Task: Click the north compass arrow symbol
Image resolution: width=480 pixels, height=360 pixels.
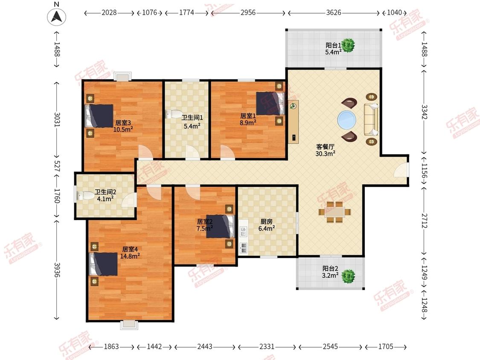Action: pos(57,17)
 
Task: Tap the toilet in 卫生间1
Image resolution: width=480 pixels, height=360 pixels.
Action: pos(173,114)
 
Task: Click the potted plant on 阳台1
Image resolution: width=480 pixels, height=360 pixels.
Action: pos(348,45)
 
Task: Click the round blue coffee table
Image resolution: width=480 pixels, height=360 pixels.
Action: pos(347,119)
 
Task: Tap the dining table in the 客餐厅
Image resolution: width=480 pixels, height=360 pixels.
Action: pos(335,212)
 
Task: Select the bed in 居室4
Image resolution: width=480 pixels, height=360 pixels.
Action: pos(103,264)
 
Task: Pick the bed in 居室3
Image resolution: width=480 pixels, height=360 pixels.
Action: pos(99,116)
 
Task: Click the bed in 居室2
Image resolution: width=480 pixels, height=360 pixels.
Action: pos(221,226)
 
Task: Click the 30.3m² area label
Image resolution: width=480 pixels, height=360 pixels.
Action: pos(326,154)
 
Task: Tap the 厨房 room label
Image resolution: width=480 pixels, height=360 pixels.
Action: pos(266,221)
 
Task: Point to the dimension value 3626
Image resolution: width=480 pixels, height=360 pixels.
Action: pos(334,12)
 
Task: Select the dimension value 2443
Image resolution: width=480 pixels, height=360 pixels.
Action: pos(205,346)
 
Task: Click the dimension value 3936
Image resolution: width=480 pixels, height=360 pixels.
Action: pos(57,270)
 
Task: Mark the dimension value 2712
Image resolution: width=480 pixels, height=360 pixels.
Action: pos(424,221)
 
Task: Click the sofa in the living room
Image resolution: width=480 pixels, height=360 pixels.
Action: pos(371,119)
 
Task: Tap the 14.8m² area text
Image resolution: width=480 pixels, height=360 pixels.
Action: pos(130,256)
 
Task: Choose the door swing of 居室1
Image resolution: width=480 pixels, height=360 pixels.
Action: pos(227,152)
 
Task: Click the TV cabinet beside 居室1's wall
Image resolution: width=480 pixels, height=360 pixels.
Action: pos(293,122)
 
